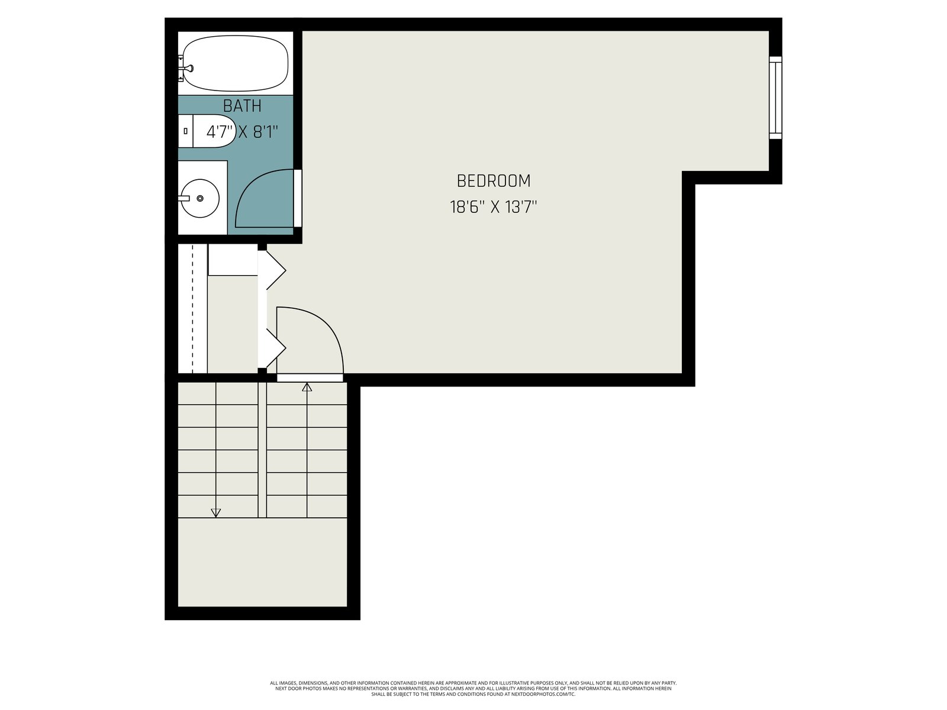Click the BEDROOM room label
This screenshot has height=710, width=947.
493,181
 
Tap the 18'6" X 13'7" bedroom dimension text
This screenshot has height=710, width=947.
493,207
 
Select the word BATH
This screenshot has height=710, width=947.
242,106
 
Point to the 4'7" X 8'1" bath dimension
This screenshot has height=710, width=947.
242,131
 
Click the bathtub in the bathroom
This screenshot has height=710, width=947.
235,63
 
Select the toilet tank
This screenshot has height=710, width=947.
185,131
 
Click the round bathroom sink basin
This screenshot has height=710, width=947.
199,198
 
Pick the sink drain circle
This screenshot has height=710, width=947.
199,198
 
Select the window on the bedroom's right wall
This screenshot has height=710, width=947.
775,98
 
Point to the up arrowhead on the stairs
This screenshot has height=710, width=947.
307,387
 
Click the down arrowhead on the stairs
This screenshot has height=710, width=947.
215,513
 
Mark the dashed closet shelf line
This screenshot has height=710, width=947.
193,309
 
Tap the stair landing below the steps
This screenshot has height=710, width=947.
262,561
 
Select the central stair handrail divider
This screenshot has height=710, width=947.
262,450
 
